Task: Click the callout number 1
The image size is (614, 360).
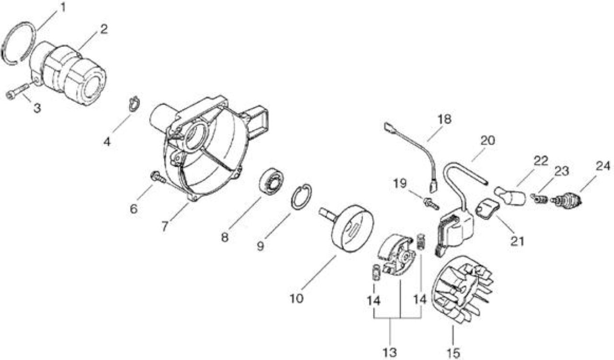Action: [x=63, y=7]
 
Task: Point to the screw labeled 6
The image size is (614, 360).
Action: [x=158, y=177]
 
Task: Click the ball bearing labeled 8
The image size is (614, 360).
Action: [x=272, y=181]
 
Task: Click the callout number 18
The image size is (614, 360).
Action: [x=444, y=119]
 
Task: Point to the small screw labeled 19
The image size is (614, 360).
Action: [x=431, y=204]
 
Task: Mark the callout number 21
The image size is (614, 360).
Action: [x=517, y=242]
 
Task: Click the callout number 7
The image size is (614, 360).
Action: [x=165, y=227]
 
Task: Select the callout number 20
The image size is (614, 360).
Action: [x=488, y=141]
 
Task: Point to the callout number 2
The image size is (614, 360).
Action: [x=104, y=29]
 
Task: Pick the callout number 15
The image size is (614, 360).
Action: [x=453, y=353]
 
